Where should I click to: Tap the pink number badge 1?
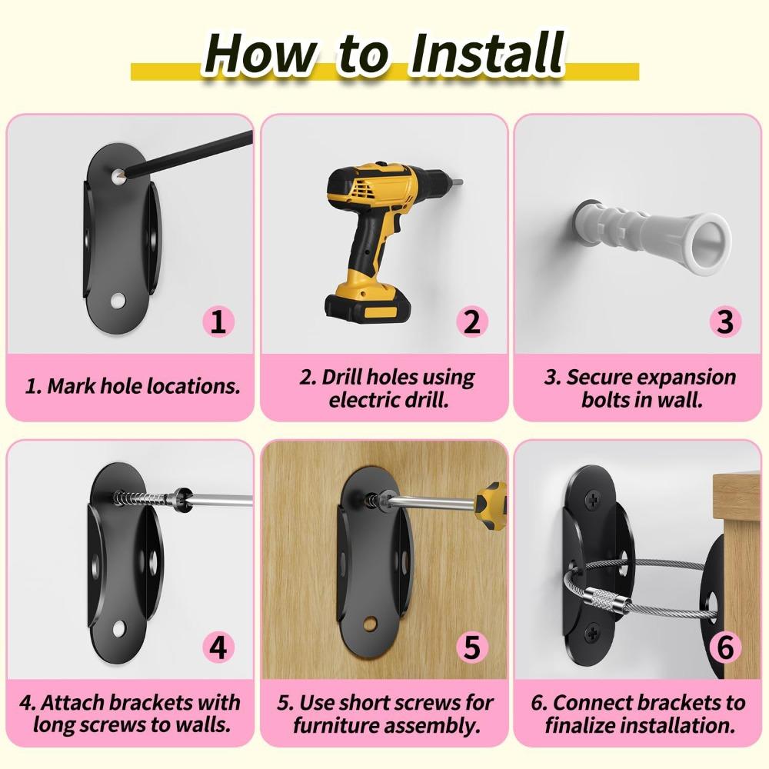point(218,321)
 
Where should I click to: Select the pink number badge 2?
point(472,321)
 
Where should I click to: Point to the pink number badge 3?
point(725,321)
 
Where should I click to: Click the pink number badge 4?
point(218,647)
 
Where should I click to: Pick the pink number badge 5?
point(472,647)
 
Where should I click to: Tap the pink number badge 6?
point(725,647)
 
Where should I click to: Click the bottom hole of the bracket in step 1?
point(118,301)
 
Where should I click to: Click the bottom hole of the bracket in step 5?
point(371,624)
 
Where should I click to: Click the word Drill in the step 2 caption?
point(342,377)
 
